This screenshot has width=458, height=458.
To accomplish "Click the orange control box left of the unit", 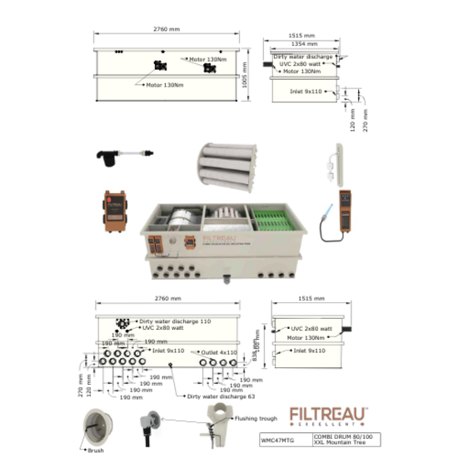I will coord(116,210).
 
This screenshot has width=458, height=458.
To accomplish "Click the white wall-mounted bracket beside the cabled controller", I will coord(336,164).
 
